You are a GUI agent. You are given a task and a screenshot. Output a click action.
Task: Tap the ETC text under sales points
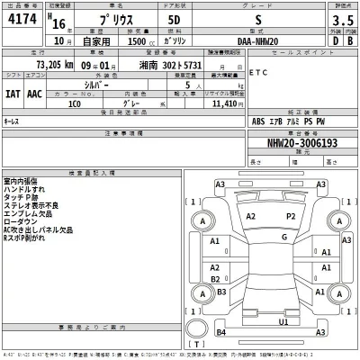[x=257, y=72]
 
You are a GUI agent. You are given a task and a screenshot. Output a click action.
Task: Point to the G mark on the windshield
[x=283, y=237]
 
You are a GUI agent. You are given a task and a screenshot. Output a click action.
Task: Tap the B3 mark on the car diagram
[x=220, y=331]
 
